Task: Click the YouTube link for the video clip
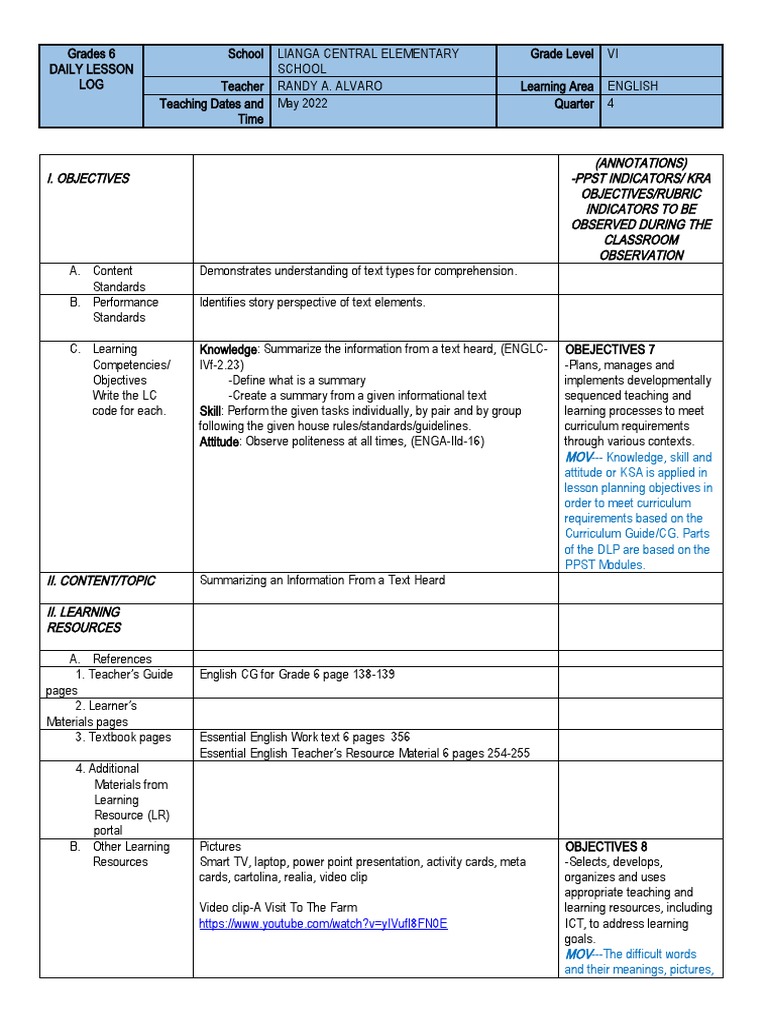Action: tap(323, 923)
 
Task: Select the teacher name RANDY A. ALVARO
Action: tap(329, 86)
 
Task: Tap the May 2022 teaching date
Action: tap(303, 103)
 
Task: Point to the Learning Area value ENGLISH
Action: tap(632, 86)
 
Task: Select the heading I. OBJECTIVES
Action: tap(88, 178)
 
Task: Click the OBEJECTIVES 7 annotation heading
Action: tap(610, 349)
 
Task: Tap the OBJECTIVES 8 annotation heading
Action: tap(610, 846)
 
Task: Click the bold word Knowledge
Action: tap(228, 349)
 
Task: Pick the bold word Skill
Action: tap(210, 410)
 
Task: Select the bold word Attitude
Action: tap(219, 441)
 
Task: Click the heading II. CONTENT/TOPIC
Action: tap(101, 580)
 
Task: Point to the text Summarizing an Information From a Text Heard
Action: tap(322, 580)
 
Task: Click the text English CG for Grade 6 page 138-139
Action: tap(297, 674)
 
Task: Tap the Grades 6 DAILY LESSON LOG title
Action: tap(91, 69)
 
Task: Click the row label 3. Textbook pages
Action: tap(122, 737)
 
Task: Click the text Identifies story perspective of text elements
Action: tap(312, 302)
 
